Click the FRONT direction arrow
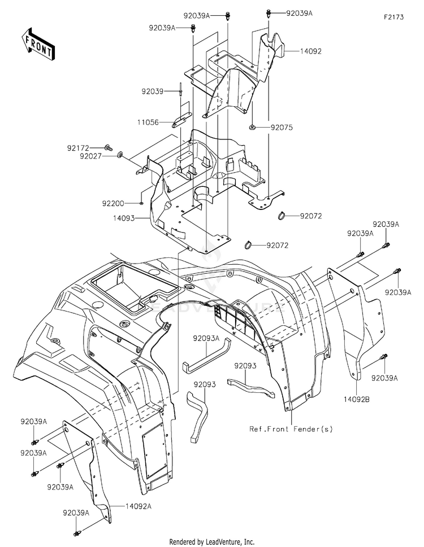38,44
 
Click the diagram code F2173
394,17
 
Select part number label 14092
311,51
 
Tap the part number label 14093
124,218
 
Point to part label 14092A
139,506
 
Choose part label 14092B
357,400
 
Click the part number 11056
148,122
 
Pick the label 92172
78,148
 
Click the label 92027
90,156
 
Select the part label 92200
113,203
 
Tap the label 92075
282,128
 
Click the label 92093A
206,338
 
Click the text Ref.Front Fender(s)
291,429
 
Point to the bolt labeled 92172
109,147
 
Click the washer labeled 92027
120,154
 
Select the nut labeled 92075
252,128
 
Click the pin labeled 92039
180,90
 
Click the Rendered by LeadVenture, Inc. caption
212,542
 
